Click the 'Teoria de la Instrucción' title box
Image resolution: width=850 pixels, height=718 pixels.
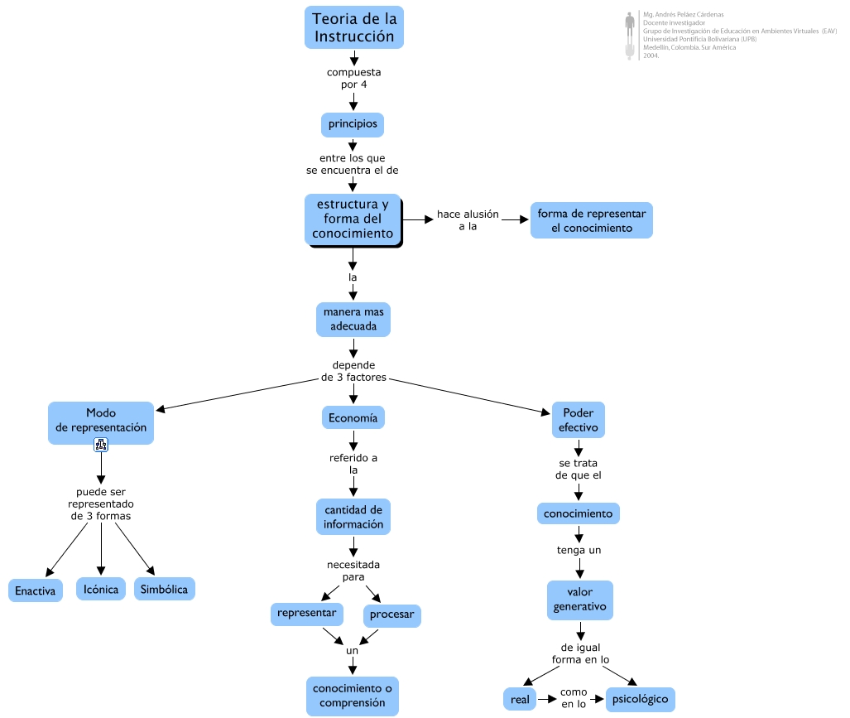(354, 27)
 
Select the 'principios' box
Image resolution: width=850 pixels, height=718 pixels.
(353, 125)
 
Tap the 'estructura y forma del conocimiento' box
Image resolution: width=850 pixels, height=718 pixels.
(353, 219)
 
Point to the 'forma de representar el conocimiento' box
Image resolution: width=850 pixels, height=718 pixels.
(592, 220)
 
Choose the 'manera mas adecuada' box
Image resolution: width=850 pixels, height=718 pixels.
(353, 320)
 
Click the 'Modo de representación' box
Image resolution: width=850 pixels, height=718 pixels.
(101, 423)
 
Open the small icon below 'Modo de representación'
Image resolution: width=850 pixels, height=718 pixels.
(101, 445)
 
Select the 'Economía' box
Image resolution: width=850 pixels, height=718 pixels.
(353, 417)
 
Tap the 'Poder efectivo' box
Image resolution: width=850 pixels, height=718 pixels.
(579, 420)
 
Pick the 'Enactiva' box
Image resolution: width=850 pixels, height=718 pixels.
(36, 590)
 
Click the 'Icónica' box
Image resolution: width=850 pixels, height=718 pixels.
(101, 589)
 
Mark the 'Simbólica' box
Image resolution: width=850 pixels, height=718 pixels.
(164, 589)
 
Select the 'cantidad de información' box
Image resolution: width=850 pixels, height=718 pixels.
(353, 517)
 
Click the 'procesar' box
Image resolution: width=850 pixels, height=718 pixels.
(392, 615)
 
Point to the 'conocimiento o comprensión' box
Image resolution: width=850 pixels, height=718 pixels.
(353, 696)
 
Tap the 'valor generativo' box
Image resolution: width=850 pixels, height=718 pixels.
(580, 600)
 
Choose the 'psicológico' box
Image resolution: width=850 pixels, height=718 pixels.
(641, 700)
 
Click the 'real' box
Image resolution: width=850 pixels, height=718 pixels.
(520, 700)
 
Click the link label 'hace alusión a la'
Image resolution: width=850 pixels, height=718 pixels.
(468, 220)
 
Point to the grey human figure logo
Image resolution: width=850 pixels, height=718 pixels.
(630, 36)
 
